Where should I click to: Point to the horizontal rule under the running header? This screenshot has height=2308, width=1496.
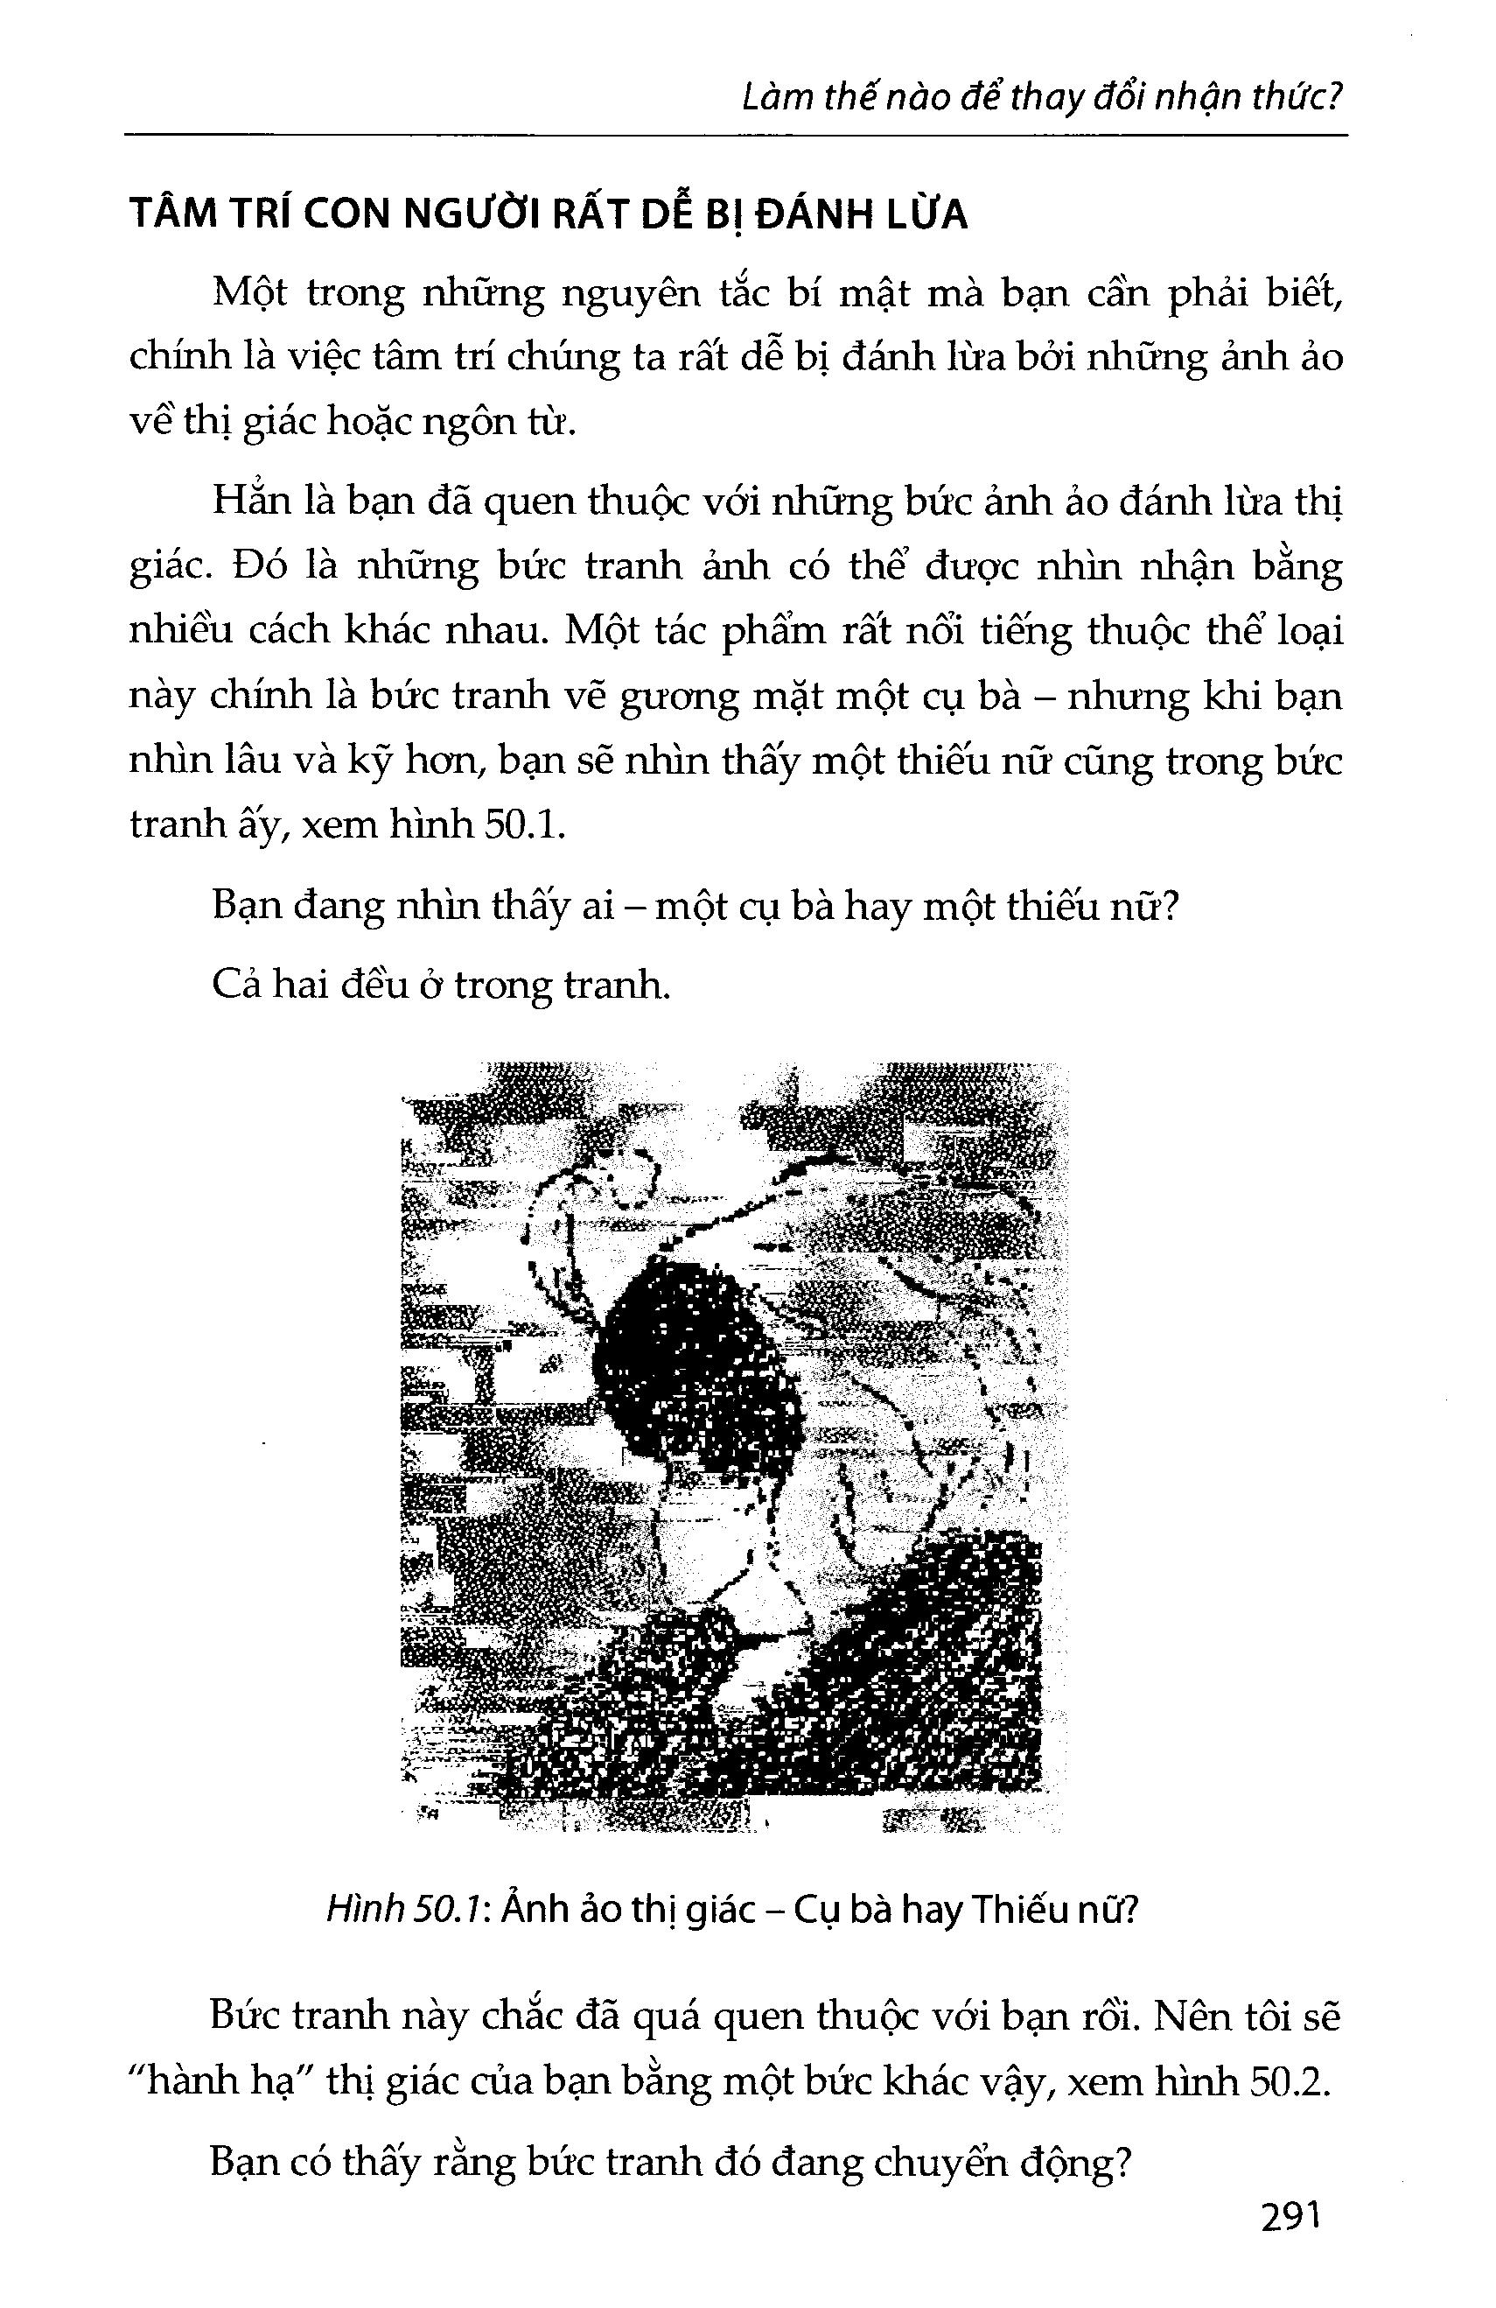pos(737,134)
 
